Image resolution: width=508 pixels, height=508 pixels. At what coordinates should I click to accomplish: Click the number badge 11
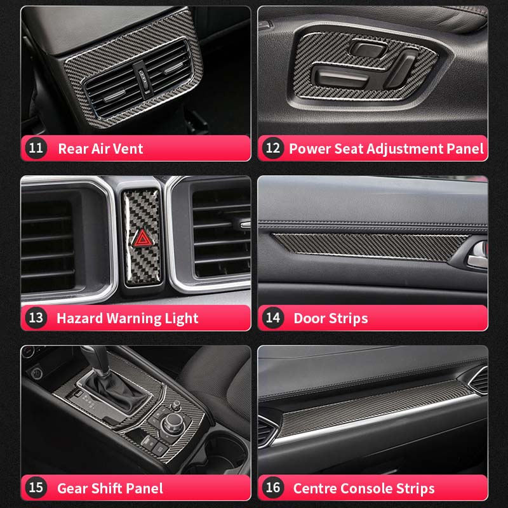[37, 149]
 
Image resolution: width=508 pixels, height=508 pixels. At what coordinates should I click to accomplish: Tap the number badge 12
[273, 149]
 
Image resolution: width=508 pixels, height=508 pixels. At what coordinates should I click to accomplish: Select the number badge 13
[37, 317]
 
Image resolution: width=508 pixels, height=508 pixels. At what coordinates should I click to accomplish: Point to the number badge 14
[273, 317]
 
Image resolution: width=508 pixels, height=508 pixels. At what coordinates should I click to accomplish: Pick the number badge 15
[37, 488]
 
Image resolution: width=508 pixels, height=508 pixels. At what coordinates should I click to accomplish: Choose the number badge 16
[273, 488]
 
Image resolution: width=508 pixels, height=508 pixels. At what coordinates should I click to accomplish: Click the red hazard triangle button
[142, 239]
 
